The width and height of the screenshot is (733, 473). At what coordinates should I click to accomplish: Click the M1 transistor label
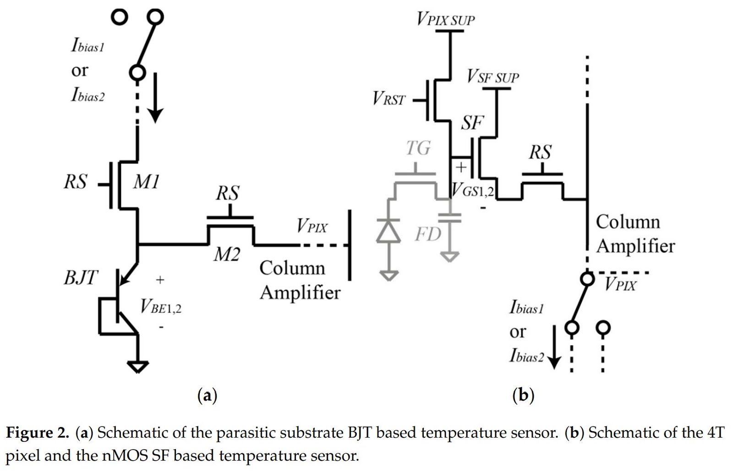(146, 182)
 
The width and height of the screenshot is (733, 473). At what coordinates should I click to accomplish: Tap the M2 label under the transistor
(226, 253)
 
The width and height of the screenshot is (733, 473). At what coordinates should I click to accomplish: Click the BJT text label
(81, 277)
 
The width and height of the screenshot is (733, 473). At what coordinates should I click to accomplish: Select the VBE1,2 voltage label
(161, 306)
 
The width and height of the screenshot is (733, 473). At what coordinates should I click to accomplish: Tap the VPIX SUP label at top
(445, 19)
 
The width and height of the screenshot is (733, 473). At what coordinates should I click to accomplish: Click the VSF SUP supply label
(492, 77)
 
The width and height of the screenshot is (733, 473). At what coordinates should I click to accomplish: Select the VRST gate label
(388, 99)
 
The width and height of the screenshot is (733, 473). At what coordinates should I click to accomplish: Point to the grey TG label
(418, 148)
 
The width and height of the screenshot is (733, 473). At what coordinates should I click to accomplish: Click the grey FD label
(428, 234)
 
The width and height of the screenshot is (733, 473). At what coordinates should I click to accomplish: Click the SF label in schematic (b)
(472, 123)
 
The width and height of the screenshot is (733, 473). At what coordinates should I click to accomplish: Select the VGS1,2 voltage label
(473, 190)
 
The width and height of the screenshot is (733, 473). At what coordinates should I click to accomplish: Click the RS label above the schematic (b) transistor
(540, 152)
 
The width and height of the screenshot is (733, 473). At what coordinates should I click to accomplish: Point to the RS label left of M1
(75, 182)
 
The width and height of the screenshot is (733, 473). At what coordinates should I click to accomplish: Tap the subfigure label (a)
(207, 395)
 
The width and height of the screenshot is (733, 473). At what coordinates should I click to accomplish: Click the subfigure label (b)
(523, 395)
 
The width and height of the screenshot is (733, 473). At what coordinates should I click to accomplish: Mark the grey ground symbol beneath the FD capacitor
(450, 256)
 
